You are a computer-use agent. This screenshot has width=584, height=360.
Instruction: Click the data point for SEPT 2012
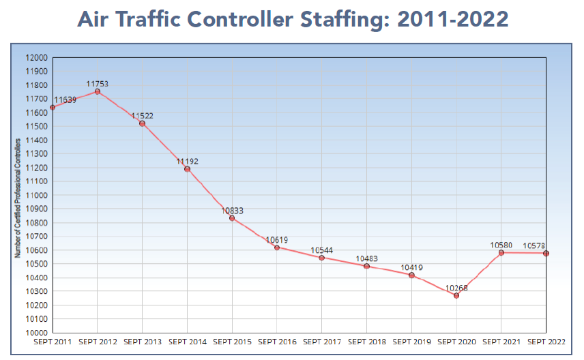pos(98,92)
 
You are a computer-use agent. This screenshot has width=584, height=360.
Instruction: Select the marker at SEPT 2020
pos(456,295)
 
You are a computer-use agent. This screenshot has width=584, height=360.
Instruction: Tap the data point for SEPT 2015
pos(232,218)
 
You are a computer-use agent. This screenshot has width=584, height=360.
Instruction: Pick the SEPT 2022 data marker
pos(546,254)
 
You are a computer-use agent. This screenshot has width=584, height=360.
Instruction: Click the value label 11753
pos(98,84)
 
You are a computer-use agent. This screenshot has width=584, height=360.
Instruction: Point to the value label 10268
pos(456,287)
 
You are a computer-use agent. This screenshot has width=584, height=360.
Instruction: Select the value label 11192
pos(188,162)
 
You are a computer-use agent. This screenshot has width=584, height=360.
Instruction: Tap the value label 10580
pos(501,245)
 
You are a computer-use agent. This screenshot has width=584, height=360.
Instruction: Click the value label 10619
pos(277,240)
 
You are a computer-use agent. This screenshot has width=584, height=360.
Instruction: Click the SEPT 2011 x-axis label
pos(53,341)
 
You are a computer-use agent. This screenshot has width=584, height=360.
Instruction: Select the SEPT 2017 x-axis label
pos(322,341)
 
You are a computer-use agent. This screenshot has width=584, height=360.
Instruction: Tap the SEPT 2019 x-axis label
pos(411,341)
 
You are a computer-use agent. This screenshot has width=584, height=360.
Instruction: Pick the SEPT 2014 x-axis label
pos(188,341)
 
